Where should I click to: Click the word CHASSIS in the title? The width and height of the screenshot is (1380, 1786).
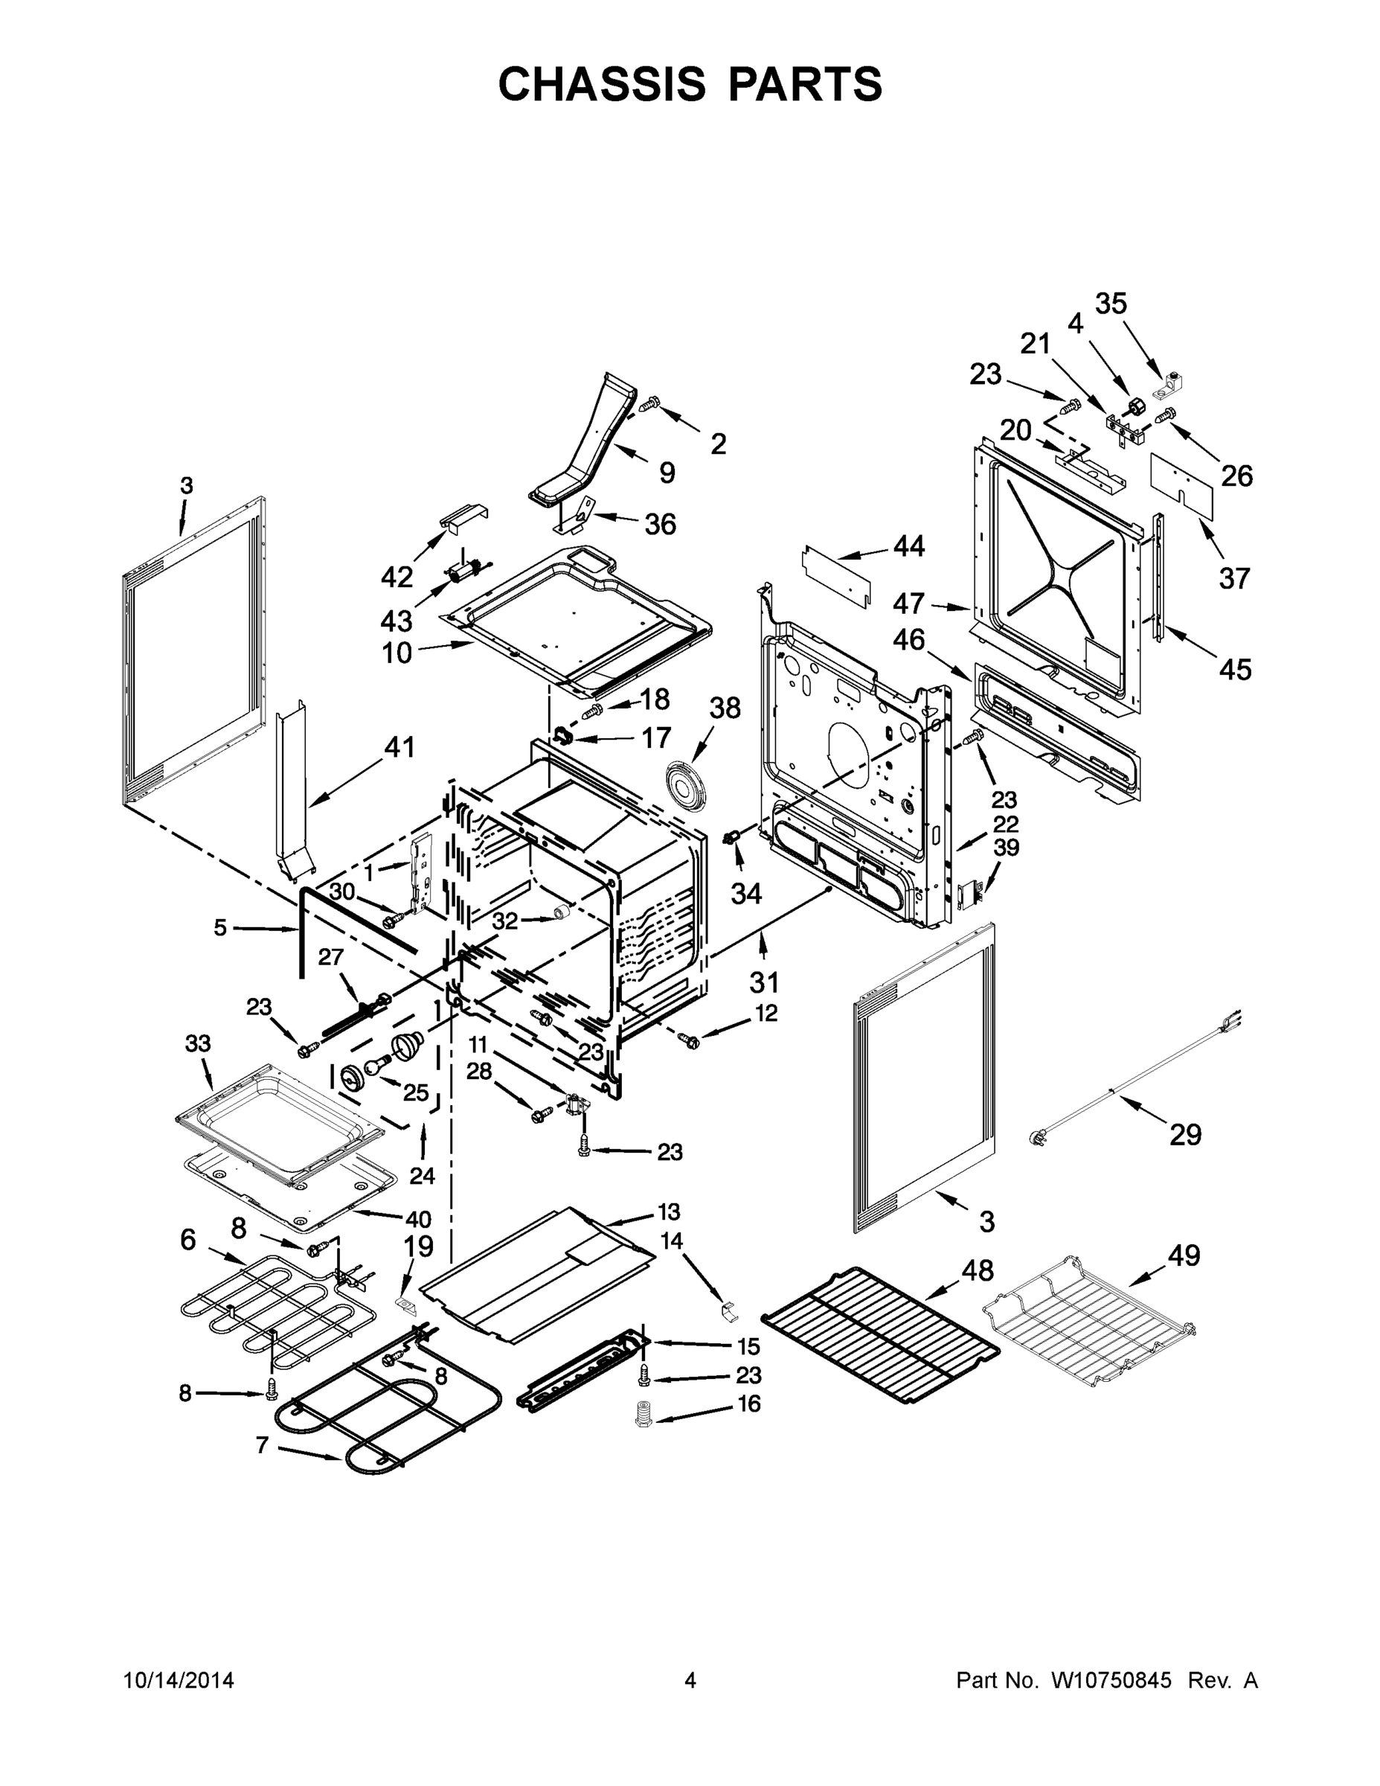(x=602, y=83)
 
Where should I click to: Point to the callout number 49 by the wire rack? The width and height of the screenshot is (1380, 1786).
(x=1183, y=1255)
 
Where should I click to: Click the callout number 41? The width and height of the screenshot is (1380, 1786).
(x=399, y=746)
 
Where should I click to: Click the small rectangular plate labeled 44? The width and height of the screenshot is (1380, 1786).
(x=835, y=576)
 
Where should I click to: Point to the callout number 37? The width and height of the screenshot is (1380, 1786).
(x=1233, y=578)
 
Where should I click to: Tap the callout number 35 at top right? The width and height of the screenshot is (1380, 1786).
(x=1111, y=304)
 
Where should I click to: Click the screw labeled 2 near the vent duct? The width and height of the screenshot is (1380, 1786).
(x=652, y=403)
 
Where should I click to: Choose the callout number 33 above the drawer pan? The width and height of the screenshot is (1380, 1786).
(x=197, y=1043)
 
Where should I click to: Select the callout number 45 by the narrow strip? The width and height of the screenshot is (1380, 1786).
(x=1234, y=670)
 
